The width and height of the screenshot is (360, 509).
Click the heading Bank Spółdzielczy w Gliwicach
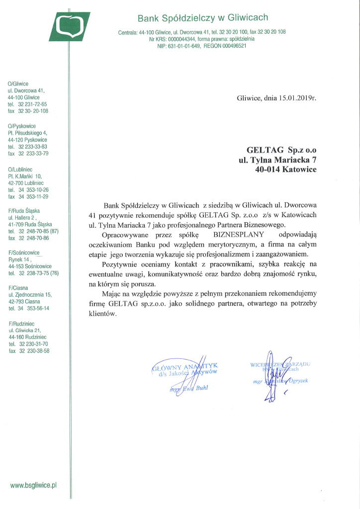click(202, 18)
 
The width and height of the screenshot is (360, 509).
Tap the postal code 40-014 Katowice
click(285, 169)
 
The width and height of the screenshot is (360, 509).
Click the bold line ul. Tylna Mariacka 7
click(277, 159)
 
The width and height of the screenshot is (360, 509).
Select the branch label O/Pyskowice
click(23, 126)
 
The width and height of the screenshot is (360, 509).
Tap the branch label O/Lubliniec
click(22, 170)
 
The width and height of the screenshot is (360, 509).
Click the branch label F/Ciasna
click(19, 288)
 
